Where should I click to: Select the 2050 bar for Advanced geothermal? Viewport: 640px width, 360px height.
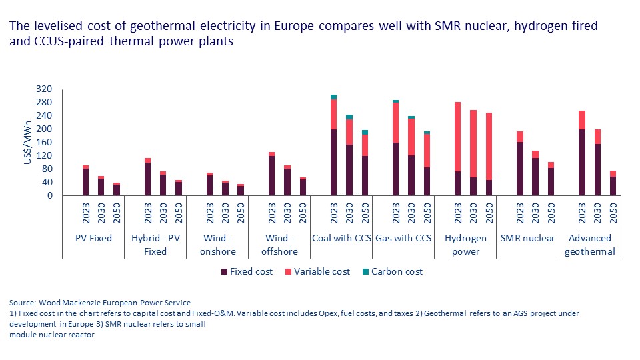[x=613, y=183]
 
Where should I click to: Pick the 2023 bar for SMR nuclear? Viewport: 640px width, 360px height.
[x=521, y=163]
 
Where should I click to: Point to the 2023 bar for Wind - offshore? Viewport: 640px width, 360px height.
[x=271, y=174]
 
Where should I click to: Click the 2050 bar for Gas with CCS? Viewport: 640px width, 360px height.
[x=427, y=163]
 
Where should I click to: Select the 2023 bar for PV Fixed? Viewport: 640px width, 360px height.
[x=85, y=181]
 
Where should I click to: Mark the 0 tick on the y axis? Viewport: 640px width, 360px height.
[x=50, y=196]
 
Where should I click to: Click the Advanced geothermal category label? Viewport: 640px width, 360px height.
[x=590, y=245]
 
